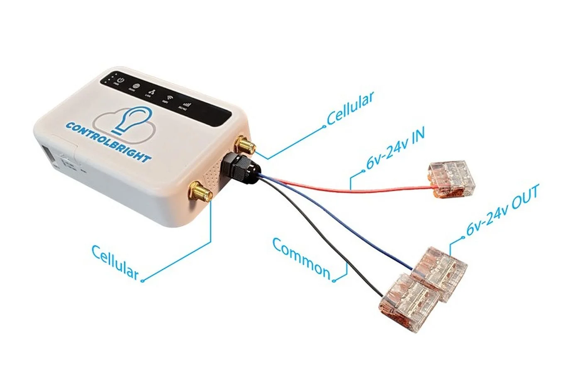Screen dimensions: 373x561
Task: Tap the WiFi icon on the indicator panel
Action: click(165, 97)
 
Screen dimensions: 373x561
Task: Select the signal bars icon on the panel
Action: click(183, 103)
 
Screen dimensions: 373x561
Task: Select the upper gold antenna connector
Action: click(244, 145)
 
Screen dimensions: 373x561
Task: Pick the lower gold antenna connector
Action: click(199, 191)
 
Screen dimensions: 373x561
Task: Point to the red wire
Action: click(353, 189)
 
